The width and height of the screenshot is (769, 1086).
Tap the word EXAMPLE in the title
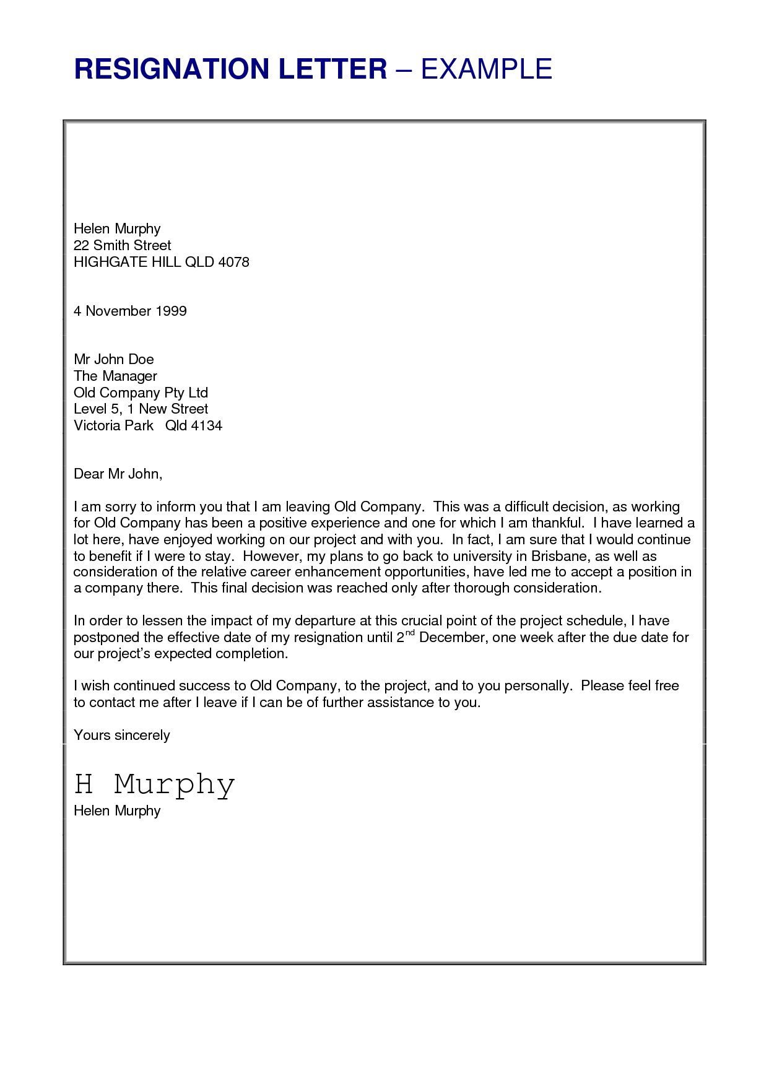coord(487,69)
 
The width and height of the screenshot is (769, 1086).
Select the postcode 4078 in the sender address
coord(233,262)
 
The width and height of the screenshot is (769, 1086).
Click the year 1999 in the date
coord(171,311)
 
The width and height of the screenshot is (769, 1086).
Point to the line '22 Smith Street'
coord(122,245)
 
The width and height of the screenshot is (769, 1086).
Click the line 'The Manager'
coord(115,376)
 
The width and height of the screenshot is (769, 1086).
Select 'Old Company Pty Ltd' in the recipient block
coord(141,393)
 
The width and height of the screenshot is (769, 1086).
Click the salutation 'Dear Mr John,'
coord(118,474)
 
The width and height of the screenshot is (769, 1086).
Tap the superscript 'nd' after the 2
coord(410,633)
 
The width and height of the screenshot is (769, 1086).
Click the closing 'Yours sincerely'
coord(121,735)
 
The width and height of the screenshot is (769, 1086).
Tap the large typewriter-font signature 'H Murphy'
coord(154,784)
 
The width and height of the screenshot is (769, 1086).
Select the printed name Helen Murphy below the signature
coord(117,810)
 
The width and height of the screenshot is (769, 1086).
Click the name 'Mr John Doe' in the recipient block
coord(113,359)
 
